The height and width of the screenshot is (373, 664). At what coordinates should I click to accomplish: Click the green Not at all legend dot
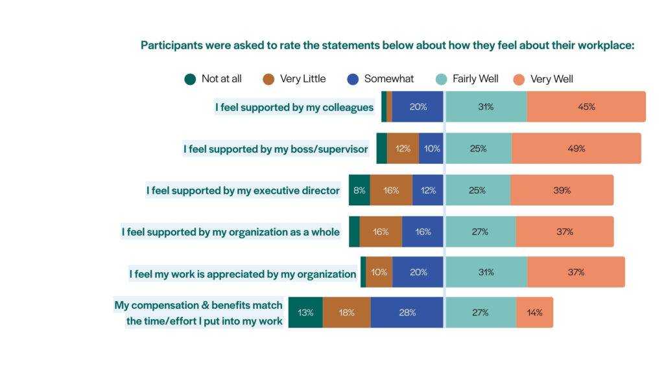pyautogui.click(x=190, y=80)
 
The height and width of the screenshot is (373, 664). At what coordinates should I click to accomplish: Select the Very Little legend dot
pyautogui.click(x=269, y=80)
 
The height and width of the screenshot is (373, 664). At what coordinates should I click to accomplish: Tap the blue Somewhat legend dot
pyautogui.click(x=353, y=80)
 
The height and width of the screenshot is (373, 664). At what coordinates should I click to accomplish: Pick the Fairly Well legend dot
pyautogui.click(x=441, y=80)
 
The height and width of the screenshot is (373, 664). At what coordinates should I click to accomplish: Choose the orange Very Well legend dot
pyautogui.click(x=519, y=80)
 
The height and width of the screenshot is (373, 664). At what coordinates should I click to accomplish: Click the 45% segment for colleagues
pyautogui.click(x=586, y=107)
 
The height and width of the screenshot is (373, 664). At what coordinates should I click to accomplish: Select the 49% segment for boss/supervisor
pyautogui.click(x=576, y=148)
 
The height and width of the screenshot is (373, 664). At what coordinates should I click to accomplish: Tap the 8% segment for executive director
pyautogui.click(x=359, y=190)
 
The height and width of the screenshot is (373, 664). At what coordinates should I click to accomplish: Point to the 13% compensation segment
pyautogui.click(x=305, y=313)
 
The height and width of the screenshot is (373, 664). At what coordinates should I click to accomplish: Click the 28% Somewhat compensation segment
pyautogui.click(x=407, y=313)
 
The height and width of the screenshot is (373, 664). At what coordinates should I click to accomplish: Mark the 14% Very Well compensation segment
pyautogui.click(x=535, y=313)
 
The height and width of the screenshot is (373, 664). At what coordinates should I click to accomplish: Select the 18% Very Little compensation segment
pyautogui.click(x=347, y=313)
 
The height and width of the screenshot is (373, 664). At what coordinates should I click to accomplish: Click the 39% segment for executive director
pyautogui.click(x=562, y=190)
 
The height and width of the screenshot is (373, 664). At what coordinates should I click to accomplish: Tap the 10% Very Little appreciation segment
pyautogui.click(x=379, y=272)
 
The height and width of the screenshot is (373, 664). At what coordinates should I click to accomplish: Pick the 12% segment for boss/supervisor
pyautogui.click(x=403, y=148)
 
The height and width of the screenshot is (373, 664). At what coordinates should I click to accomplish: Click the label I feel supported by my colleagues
pyautogui.click(x=294, y=107)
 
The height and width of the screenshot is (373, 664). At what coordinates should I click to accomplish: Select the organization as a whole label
pyautogui.click(x=230, y=232)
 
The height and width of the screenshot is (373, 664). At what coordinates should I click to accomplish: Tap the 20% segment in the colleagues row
pyautogui.click(x=418, y=107)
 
